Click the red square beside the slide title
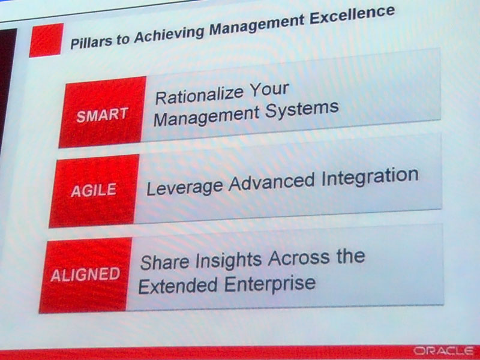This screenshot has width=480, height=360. (x=47, y=40)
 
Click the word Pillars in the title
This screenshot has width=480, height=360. (x=91, y=41)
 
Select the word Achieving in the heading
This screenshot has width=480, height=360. (x=170, y=33)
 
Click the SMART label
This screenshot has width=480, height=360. (x=102, y=115)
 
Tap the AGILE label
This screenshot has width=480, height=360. (x=94, y=190)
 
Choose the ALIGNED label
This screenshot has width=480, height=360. (x=85, y=274)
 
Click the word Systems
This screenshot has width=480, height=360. (x=302, y=110)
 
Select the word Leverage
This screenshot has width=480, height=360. (x=185, y=187)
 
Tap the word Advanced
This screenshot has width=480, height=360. (x=272, y=182)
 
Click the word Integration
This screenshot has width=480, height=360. (x=370, y=177)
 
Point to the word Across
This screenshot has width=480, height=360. (x=299, y=258)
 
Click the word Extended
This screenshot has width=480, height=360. (x=178, y=286)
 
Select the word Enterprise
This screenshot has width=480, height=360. (x=269, y=284)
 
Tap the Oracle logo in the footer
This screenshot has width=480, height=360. (x=443, y=351)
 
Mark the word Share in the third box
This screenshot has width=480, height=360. (x=164, y=262)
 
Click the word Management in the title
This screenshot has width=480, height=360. (x=257, y=24)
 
